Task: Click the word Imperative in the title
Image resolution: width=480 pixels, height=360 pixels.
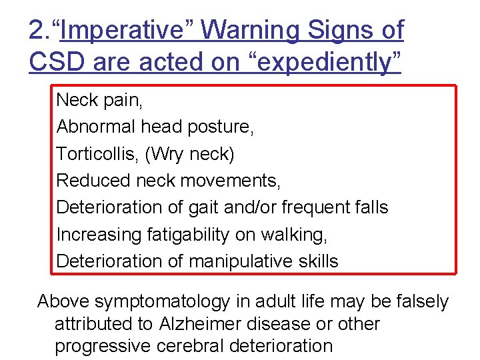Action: (x=123, y=30)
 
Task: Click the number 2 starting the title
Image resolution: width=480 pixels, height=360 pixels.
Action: (x=36, y=30)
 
